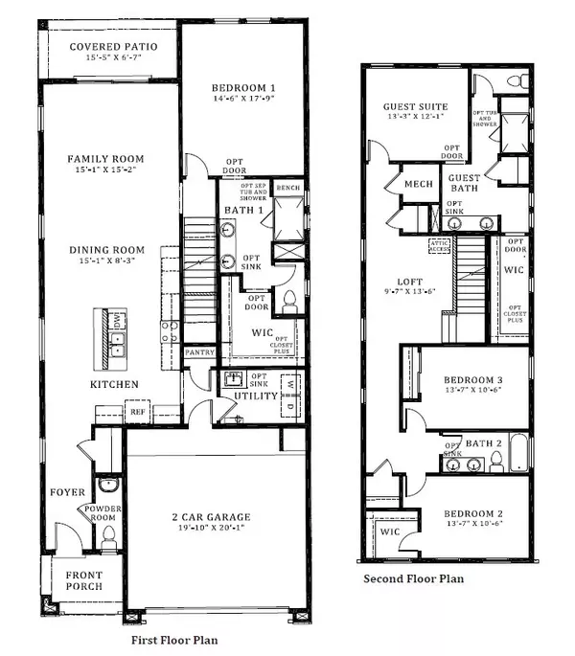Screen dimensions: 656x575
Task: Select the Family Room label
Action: point(105,158)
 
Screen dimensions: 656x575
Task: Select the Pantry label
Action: point(199,352)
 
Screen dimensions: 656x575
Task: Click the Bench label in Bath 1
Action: point(287,189)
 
